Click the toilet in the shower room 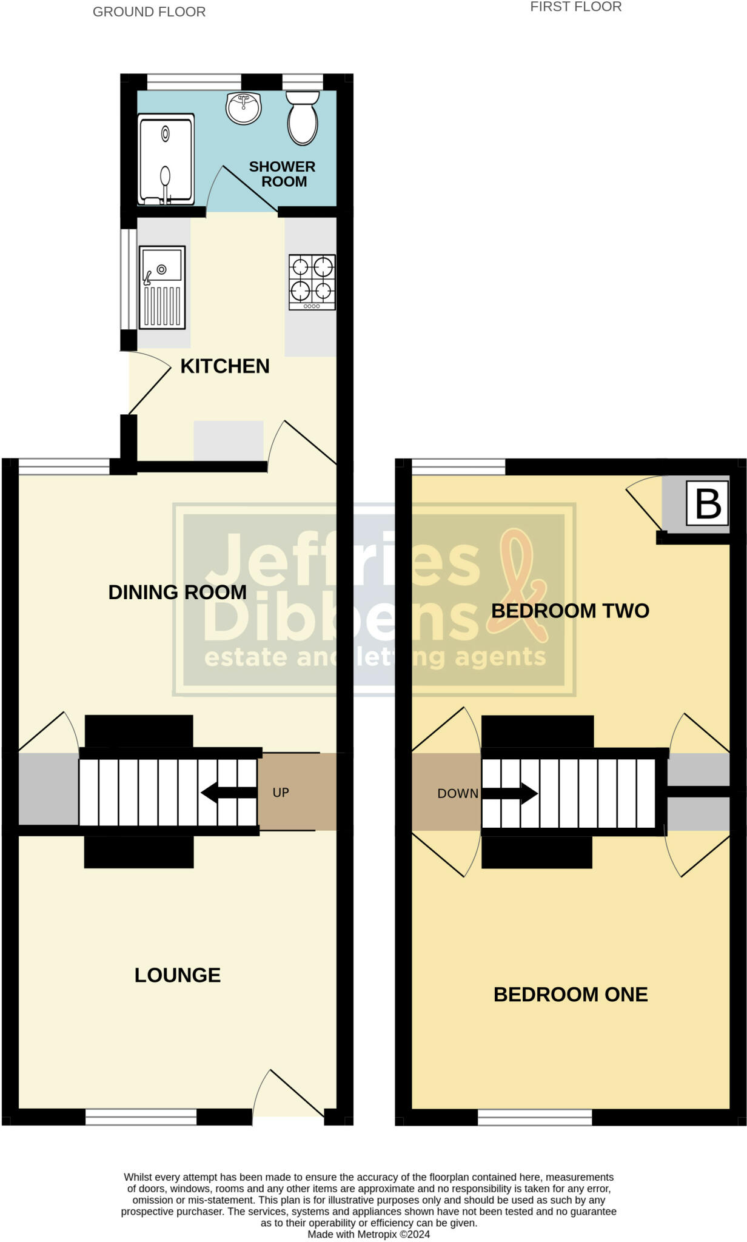(x=303, y=118)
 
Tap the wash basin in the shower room (x=243, y=108)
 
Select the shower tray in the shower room (x=166, y=159)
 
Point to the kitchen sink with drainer (x=162, y=287)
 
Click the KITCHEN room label (x=225, y=366)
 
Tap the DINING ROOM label (x=177, y=592)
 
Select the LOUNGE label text (x=177, y=975)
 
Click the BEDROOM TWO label (x=570, y=611)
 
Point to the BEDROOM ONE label (x=570, y=995)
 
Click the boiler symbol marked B (x=707, y=503)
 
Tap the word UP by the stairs (x=281, y=793)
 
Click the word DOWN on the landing (x=458, y=793)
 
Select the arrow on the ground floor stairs (x=228, y=792)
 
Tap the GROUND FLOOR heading (x=149, y=12)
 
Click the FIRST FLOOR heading (x=575, y=7)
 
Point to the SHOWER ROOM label (x=283, y=174)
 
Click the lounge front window (x=141, y=1116)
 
